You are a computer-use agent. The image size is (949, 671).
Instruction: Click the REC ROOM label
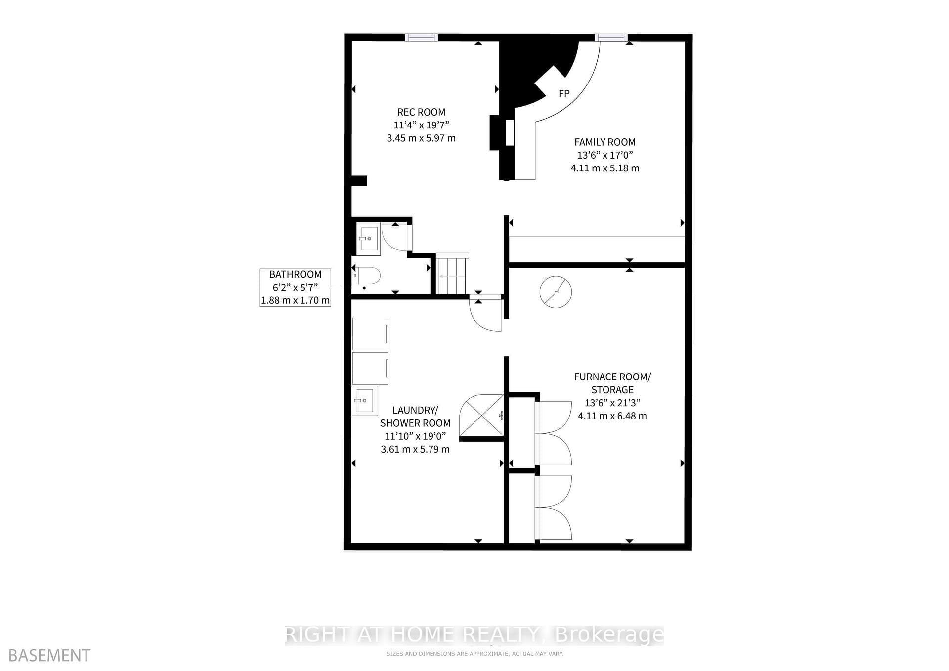click(421, 112)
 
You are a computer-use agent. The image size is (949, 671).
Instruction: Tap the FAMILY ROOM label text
click(605, 142)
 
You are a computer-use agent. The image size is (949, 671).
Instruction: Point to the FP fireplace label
click(564, 93)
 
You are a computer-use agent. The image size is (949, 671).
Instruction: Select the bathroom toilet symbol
click(368, 276)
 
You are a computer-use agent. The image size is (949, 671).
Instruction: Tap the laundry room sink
click(365, 401)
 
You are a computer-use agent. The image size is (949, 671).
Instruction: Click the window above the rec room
click(421, 37)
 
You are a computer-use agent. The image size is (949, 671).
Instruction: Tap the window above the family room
click(611, 37)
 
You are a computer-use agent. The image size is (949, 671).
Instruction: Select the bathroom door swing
click(397, 237)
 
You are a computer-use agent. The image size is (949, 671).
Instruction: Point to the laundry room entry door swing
click(485, 313)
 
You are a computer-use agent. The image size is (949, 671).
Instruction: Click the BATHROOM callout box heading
click(295, 274)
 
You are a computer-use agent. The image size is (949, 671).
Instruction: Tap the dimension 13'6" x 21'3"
click(612, 403)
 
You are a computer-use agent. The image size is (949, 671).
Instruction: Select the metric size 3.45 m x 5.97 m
click(421, 138)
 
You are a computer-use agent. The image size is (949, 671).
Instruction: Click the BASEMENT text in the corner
click(49, 655)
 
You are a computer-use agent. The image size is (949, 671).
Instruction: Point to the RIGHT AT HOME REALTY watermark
click(474, 634)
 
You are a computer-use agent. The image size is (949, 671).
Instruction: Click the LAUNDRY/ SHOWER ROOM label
click(415, 417)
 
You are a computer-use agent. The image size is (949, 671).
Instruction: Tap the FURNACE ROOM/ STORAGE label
click(612, 383)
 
